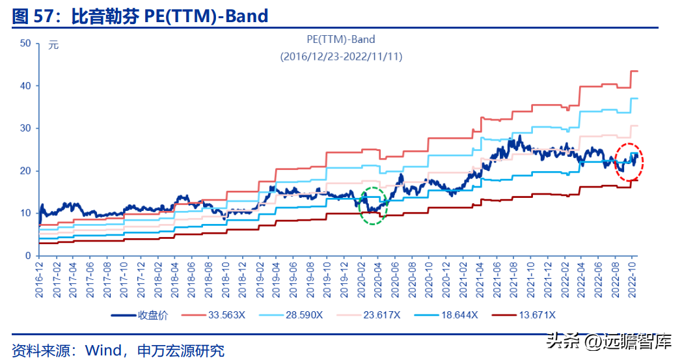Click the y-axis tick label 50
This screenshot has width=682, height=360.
25,43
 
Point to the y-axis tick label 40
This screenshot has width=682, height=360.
25,86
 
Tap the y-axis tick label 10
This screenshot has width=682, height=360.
25,214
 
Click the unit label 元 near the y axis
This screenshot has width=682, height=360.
53,45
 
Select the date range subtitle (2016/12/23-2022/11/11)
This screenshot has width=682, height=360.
342,57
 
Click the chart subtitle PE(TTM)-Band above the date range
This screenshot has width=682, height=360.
342,40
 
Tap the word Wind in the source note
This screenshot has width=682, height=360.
99,350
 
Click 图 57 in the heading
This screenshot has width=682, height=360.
31,15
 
